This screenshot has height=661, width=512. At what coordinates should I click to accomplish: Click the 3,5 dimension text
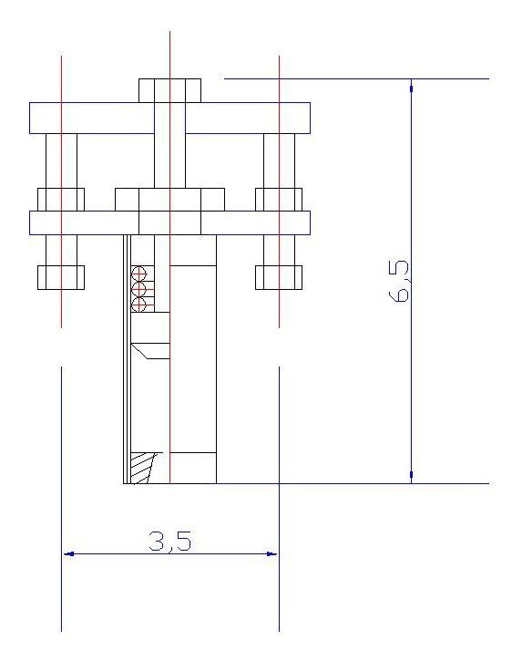click(x=169, y=541)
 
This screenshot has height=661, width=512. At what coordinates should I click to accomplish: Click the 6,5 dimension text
click(x=399, y=281)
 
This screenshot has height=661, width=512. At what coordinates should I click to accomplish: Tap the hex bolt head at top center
click(x=169, y=90)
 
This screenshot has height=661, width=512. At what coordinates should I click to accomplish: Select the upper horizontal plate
click(x=169, y=118)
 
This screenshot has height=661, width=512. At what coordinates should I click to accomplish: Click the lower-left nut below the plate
click(x=61, y=277)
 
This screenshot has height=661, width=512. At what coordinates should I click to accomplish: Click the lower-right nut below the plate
click(x=279, y=277)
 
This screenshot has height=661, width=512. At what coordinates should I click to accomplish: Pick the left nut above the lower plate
click(x=61, y=200)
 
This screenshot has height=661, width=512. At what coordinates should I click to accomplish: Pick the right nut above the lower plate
click(x=279, y=200)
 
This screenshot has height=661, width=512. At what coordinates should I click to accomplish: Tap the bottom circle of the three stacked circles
click(x=138, y=305)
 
